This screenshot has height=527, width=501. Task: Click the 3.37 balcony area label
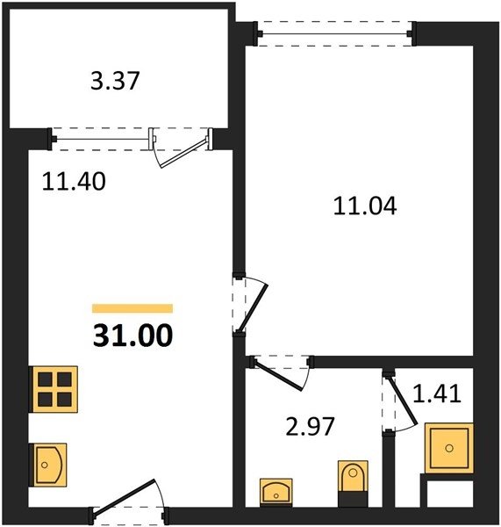coord(115,81)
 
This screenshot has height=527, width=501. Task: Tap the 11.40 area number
coord(74,182)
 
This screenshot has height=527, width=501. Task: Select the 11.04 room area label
coord(365,206)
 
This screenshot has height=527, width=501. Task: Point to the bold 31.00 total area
coord(133,336)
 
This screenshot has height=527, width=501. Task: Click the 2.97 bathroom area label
coord(310,427)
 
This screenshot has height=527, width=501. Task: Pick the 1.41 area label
coord(437,393)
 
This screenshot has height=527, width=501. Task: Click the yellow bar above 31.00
coord(132,308)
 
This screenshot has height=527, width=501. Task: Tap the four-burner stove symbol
coord(54,389)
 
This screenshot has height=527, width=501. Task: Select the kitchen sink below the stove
coord(48,465)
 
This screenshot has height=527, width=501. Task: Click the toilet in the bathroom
coord(353,483)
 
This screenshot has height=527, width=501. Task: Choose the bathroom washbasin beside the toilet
coord(276,492)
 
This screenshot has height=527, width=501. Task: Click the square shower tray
coord(449,448)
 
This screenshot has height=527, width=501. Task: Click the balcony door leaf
coord(183,153)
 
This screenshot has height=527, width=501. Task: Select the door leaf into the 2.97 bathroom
coord(277,375)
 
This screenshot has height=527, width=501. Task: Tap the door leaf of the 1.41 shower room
coord(402,401)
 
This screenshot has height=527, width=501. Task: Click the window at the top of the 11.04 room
coord(335,33)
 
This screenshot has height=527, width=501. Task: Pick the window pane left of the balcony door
coord(102,139)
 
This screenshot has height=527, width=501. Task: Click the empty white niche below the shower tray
coord(450,494)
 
